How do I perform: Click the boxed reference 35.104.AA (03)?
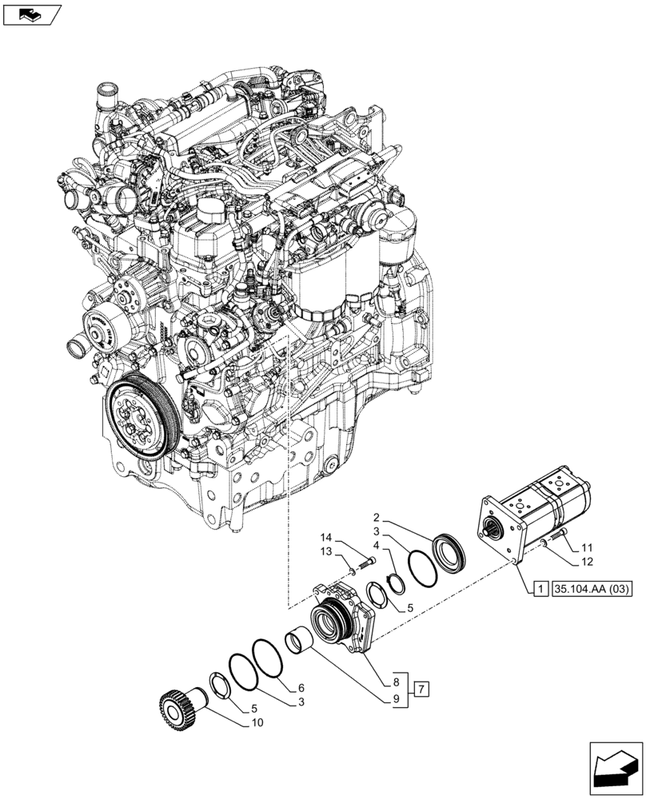coord(592,590)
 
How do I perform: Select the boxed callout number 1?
coord(540,590)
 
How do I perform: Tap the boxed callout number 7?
coord(422,688)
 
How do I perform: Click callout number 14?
coord(326,537)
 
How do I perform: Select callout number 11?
coord(588,548)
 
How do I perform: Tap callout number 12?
coord(588,562)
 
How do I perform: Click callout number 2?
coord(377,518)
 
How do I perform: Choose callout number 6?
coord(301,688)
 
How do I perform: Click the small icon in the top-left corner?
coord(30,14)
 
